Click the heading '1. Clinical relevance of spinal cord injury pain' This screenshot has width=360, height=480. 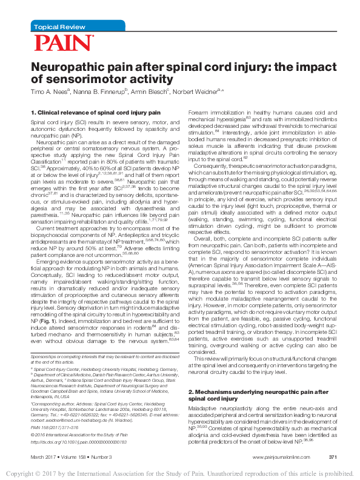pos(87,112)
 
